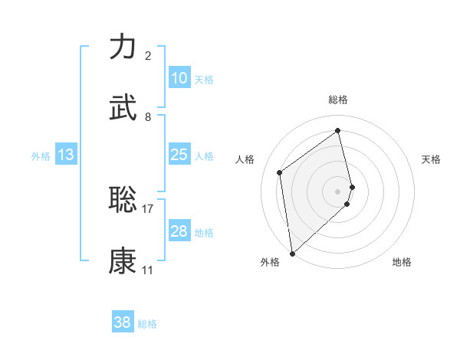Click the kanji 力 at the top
pos(123,47)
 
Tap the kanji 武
pos(123,108)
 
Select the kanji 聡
pos(123,199)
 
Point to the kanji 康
pos(123,260)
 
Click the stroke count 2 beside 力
pos(148,56)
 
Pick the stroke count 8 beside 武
pos(148,117)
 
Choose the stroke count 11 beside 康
pos(148,270)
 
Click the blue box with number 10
pos(179,78)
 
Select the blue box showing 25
pos(179,155)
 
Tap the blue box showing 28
pos(179,231)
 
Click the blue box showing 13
pos(66,155)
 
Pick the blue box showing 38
pos(123,322)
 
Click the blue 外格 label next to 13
pos(41,156)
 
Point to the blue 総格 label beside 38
pos(148,324)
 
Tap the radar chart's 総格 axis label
pos(338,100)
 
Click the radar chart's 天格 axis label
pos(431,159)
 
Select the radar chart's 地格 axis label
pos(402,262)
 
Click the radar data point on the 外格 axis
pos(292,252)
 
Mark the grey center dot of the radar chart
pos(338,190)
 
